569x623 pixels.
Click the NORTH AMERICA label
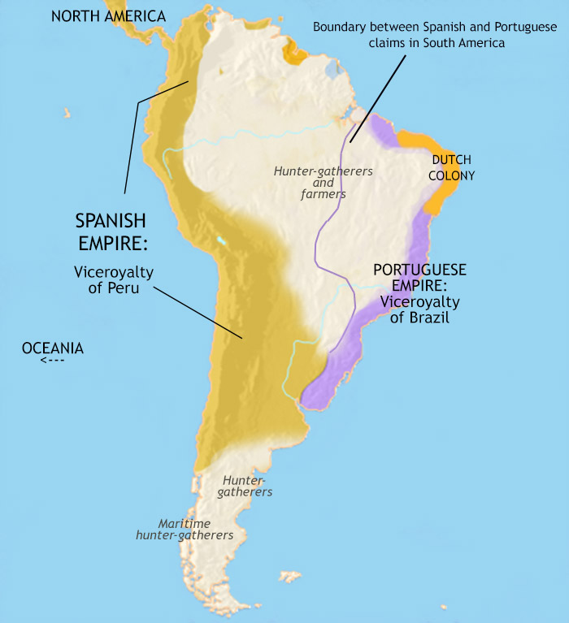108,16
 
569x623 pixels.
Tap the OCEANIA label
53,348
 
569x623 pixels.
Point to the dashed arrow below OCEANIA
51,361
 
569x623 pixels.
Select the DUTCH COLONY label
453,167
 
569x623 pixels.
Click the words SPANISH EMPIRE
112,231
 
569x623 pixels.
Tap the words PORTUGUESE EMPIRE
419,278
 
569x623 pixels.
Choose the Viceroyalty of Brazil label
419,310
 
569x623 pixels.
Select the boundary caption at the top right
435,35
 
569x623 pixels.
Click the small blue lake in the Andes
221,241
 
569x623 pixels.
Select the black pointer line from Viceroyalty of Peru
199,312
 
